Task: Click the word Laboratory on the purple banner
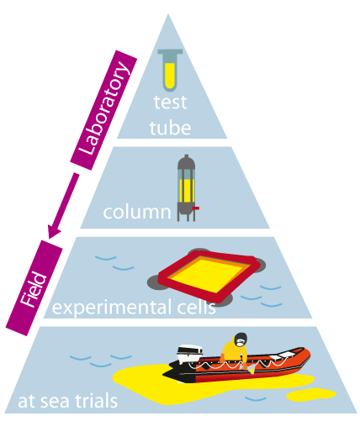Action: [103, 108]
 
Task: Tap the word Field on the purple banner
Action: [34, 289]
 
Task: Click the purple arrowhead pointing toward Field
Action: [54, 231]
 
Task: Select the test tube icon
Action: [170, 71]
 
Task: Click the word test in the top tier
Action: [170, 103]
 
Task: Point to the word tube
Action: [170, 128]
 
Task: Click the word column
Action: [137, 212]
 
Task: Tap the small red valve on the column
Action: [195, 208]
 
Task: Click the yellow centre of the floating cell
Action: [207, 274]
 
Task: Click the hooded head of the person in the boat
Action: [241, 340]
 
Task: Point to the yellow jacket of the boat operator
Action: [233, 353]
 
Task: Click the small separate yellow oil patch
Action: [311, 395]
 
